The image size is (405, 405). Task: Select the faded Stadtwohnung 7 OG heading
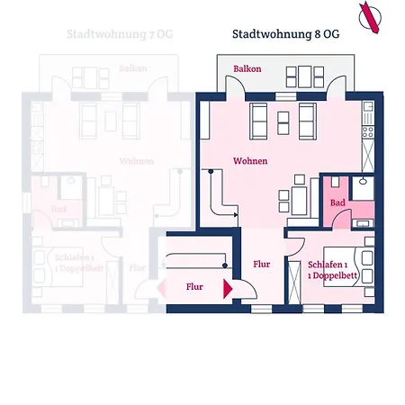coord(119,34)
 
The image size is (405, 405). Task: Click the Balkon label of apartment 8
coord(247,69)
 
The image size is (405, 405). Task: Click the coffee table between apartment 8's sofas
coord(281,117)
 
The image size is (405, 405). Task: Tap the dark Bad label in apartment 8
coord(337,203)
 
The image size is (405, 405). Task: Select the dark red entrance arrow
coord(228,288)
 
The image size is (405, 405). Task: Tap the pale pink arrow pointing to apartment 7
coord(166,288)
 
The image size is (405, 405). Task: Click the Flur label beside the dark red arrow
coord(194,289)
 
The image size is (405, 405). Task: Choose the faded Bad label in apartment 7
coord(58,210)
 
